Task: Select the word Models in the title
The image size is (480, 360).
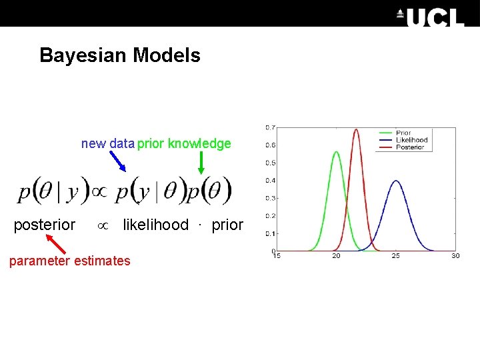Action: tap(167, 55)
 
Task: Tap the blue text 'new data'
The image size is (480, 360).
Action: tap(107, 143)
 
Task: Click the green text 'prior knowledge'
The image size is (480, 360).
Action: tap(185, 143)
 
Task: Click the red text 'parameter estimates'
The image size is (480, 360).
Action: tap(70, 261)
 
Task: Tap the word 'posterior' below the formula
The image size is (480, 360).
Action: tap(45, 225)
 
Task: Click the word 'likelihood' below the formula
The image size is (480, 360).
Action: tap(155, 225)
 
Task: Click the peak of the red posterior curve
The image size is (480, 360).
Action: tap(355, 130)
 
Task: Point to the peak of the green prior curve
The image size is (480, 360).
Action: tap(336, 153)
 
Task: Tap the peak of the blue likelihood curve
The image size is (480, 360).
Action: tap(396, 181)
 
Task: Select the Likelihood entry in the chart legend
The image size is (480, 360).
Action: tap(411, 140)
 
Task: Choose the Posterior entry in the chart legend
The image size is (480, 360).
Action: tap(410, 147)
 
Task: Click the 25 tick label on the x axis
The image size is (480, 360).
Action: tap(396, 256)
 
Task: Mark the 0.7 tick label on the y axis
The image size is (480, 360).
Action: tap(271, 127)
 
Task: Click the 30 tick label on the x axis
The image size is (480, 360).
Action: tap(455, 256)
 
